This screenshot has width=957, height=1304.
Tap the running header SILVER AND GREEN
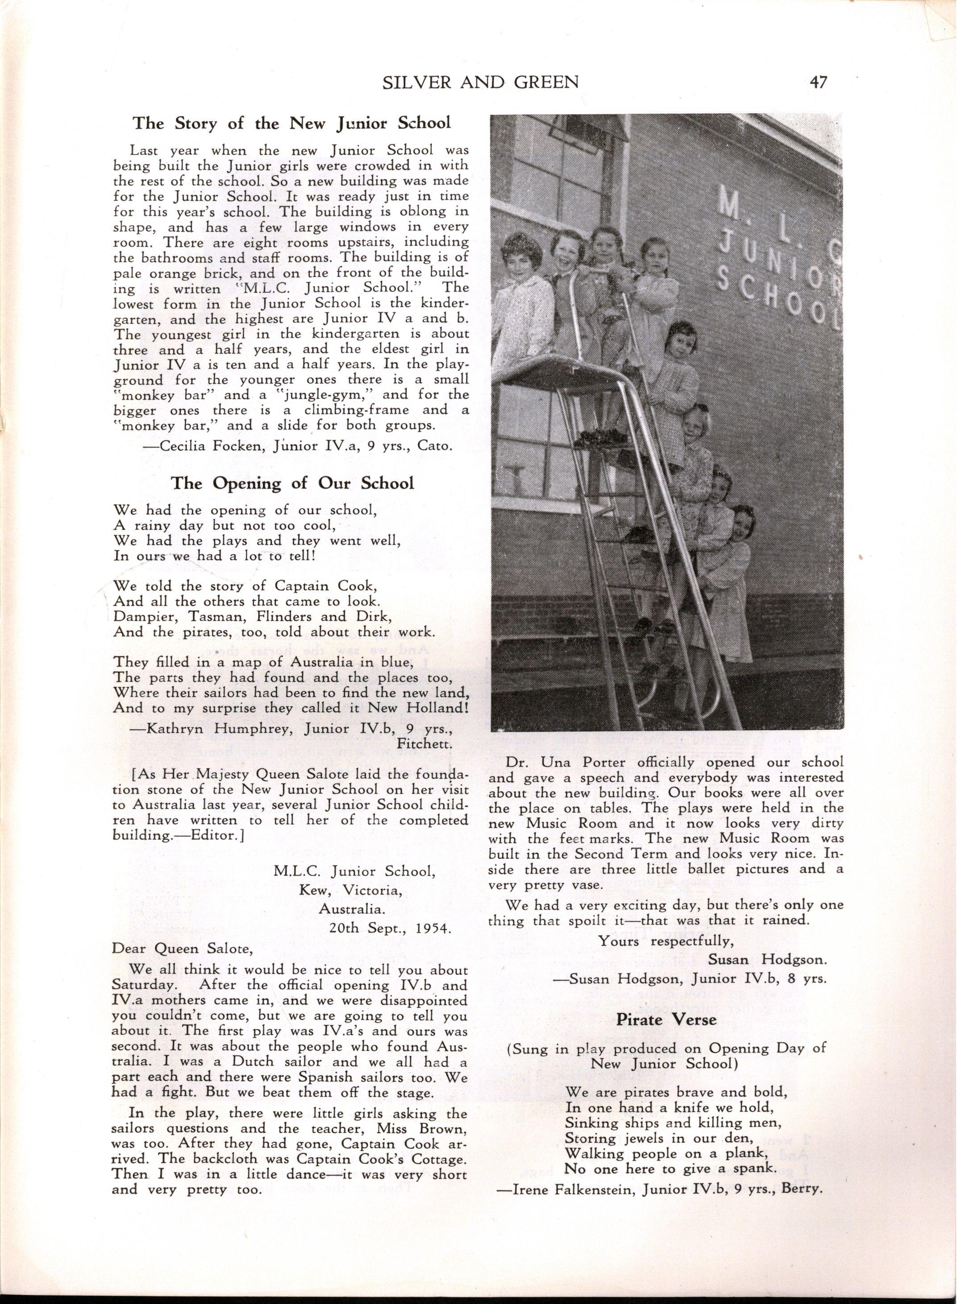coord(481,83)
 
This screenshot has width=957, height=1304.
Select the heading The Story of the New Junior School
coord(292,123)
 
